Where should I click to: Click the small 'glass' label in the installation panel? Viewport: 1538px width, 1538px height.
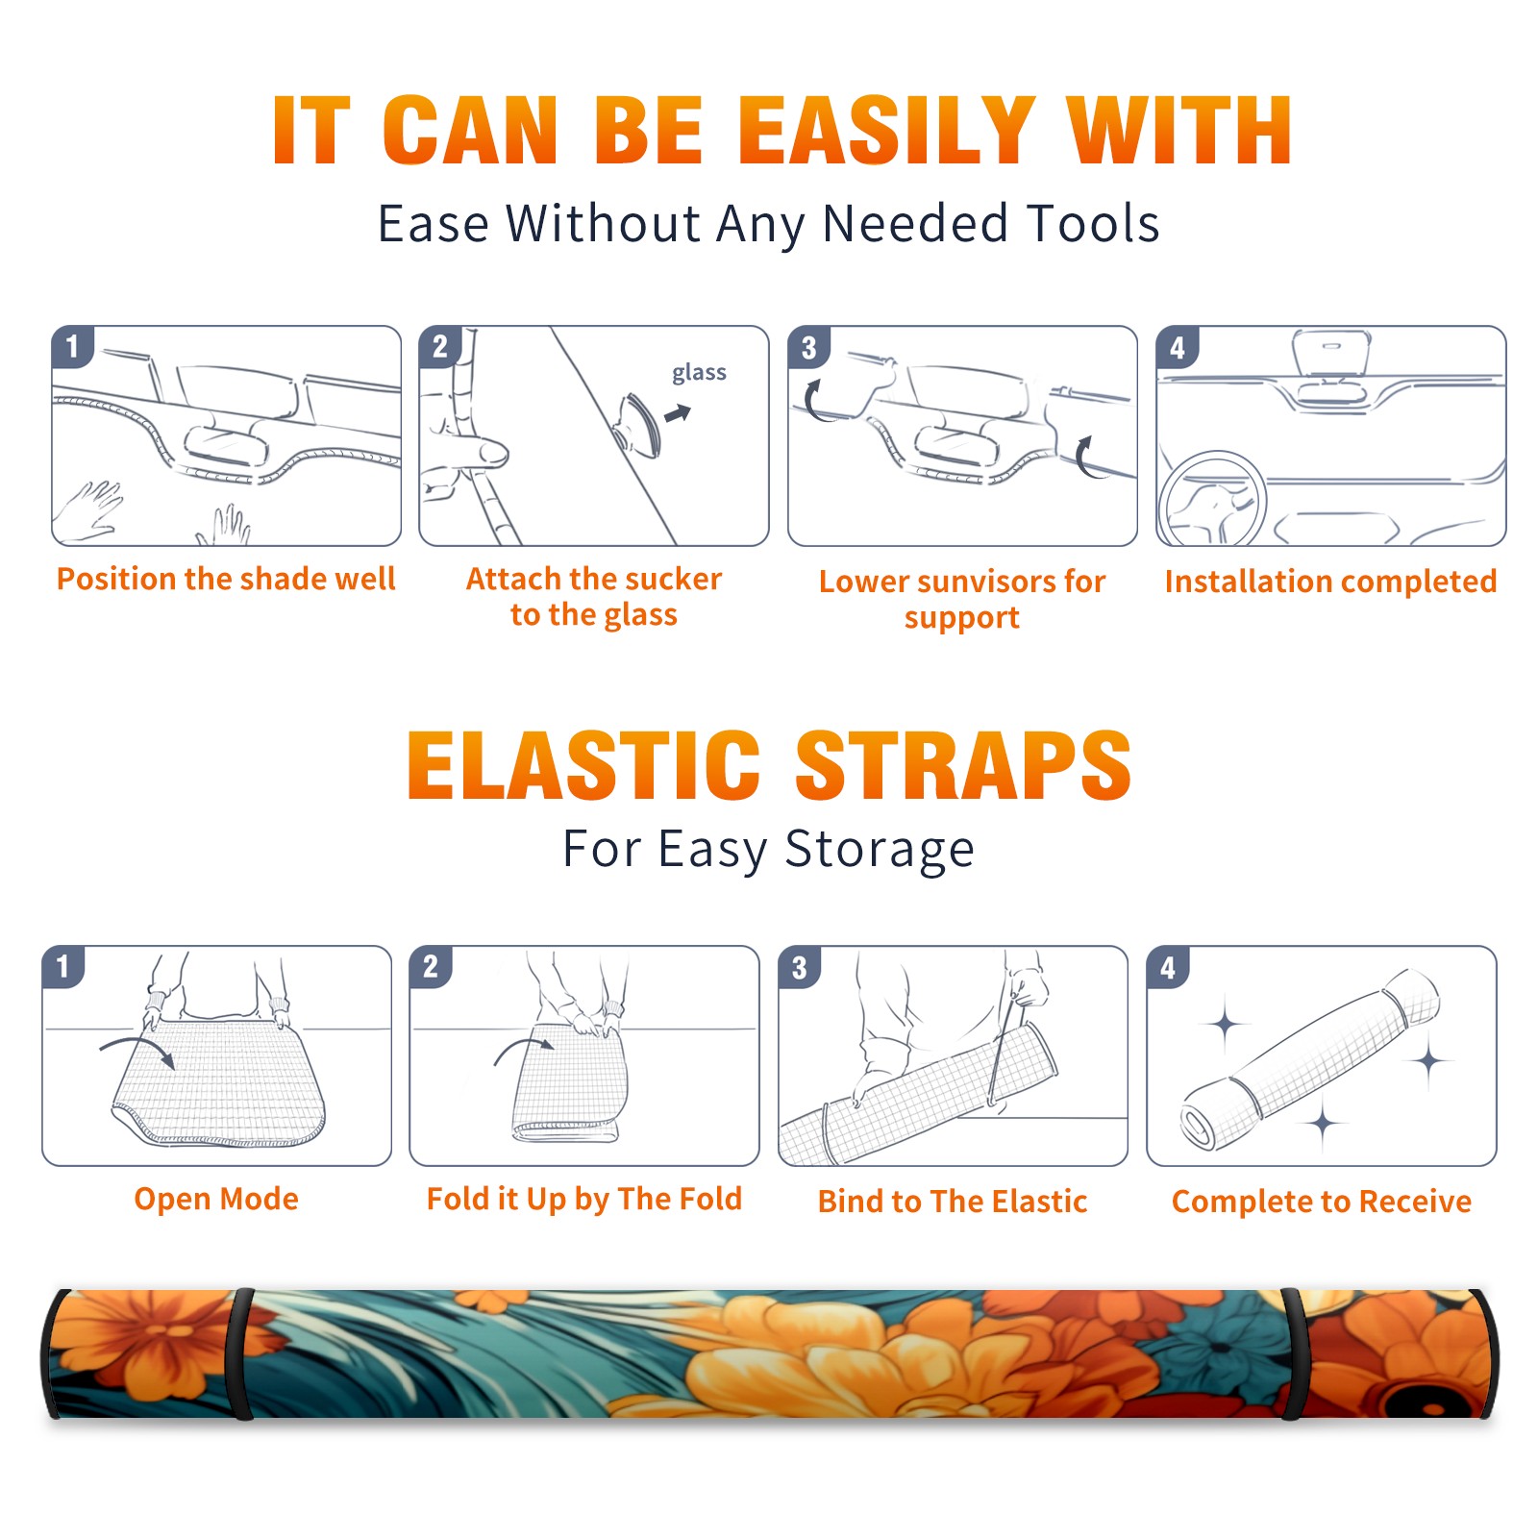pos(699,373)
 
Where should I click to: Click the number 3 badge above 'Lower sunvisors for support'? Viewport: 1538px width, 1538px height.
pos(808,347)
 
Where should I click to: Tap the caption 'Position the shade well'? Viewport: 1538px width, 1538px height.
pos(226,579)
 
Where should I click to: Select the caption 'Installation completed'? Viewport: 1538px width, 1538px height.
pos(1330,581)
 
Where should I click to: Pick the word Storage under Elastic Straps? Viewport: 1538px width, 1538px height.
pos(880,850)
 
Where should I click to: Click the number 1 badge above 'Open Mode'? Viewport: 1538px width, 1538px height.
pos(63,966)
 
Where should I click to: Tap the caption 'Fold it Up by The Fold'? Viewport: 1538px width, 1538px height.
pos(584,1199)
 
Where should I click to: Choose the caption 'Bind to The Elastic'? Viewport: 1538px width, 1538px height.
pos(953,1201)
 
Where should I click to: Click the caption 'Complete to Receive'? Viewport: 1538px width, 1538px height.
pos(1322,1201)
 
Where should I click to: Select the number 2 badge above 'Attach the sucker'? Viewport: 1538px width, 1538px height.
pos(440,347)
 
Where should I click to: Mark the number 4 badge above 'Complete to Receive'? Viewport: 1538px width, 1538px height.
pos(1168,966)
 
